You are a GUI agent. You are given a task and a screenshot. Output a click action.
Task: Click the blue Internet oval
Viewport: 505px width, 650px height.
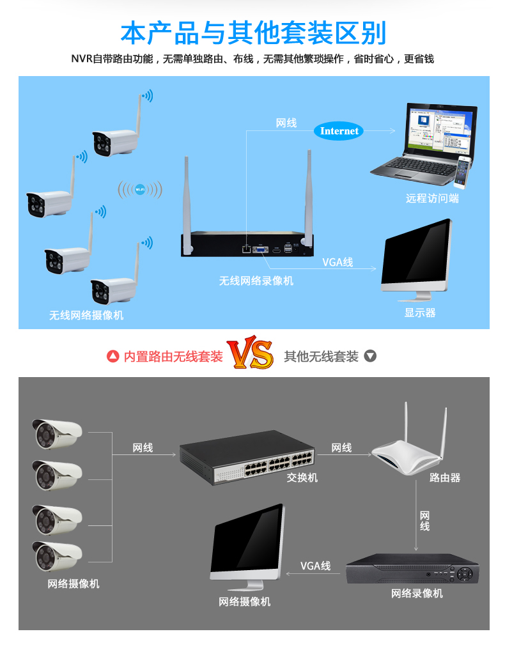click(x=339, y=131)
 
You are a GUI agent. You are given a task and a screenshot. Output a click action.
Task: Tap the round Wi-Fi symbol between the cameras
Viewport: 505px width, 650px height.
click(x=140, y=189)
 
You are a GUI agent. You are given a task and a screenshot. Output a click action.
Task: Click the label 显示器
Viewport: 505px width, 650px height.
click(x=419, y=313)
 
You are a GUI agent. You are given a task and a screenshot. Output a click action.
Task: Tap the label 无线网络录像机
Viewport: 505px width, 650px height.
click(x=256, y=280)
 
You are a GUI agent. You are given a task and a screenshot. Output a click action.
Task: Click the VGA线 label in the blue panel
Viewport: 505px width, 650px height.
click(x=337, y=262)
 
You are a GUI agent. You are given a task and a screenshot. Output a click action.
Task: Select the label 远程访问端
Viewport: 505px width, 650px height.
click(x=432, y=198)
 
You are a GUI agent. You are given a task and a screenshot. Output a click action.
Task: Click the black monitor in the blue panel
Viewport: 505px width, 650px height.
click(x=417, y=259)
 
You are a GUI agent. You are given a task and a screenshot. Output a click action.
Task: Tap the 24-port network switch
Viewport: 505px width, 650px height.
click(x=247, y=456)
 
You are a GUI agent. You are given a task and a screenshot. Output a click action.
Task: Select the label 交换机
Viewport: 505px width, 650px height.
click(x=302, y=477)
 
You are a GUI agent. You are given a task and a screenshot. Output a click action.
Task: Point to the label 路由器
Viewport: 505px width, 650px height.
click(x=444, y=477)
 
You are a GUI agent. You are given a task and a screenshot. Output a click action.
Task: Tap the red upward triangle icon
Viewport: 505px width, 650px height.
click(x=113, y=356)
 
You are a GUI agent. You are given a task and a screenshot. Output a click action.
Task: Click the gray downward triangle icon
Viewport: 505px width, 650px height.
click(x=369, y=356)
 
